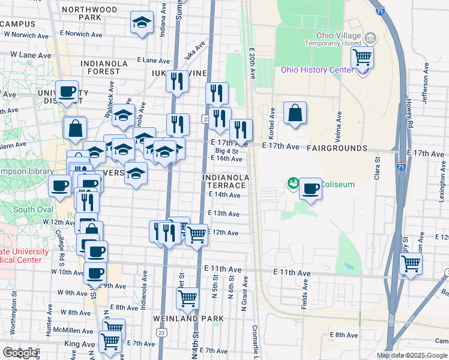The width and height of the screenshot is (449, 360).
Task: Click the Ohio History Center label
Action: click(318, 70)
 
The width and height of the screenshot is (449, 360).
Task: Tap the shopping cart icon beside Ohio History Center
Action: click(363, 58)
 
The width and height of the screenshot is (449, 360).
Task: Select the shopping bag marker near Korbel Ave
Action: click(295, 113)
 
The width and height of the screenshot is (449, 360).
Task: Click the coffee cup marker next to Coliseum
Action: click(310, 190)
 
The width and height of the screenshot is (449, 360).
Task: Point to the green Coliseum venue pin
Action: click(294, 183)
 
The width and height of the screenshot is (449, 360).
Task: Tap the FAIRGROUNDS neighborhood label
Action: click(337, 148)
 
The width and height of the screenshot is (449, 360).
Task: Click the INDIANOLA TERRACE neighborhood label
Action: click(226, 182)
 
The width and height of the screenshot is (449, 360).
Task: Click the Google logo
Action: click(20, 352)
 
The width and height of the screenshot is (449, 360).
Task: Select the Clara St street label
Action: click(378, 169)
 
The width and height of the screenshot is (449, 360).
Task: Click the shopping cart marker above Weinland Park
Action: click(188, 297)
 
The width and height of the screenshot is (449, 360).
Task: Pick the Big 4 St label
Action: click(227, 151)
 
